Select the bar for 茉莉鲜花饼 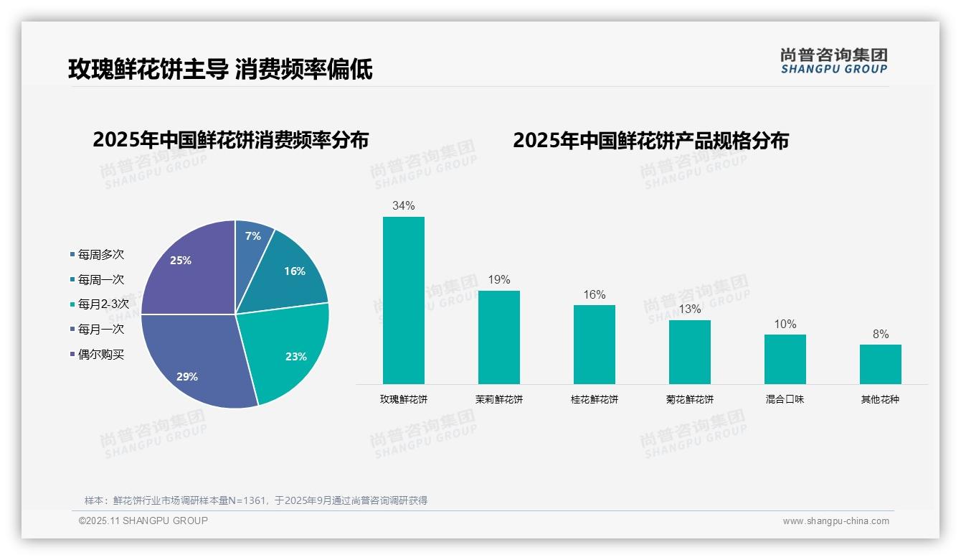pos(498,337)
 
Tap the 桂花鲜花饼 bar pos(594,344)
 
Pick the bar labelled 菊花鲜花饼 pos(689,352)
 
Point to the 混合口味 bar pos(785,359)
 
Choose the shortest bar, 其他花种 pos(880,364)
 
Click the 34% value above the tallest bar pos(403,206)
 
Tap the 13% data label pos(689,309)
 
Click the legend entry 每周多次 pos(100,255)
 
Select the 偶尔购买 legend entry pos(100,355)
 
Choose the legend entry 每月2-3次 pos(103,304)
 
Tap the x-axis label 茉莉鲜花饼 pos(498,400)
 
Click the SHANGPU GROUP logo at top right pos(833,61)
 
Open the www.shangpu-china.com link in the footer pos(835,521)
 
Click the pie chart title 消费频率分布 pos(230,140)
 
